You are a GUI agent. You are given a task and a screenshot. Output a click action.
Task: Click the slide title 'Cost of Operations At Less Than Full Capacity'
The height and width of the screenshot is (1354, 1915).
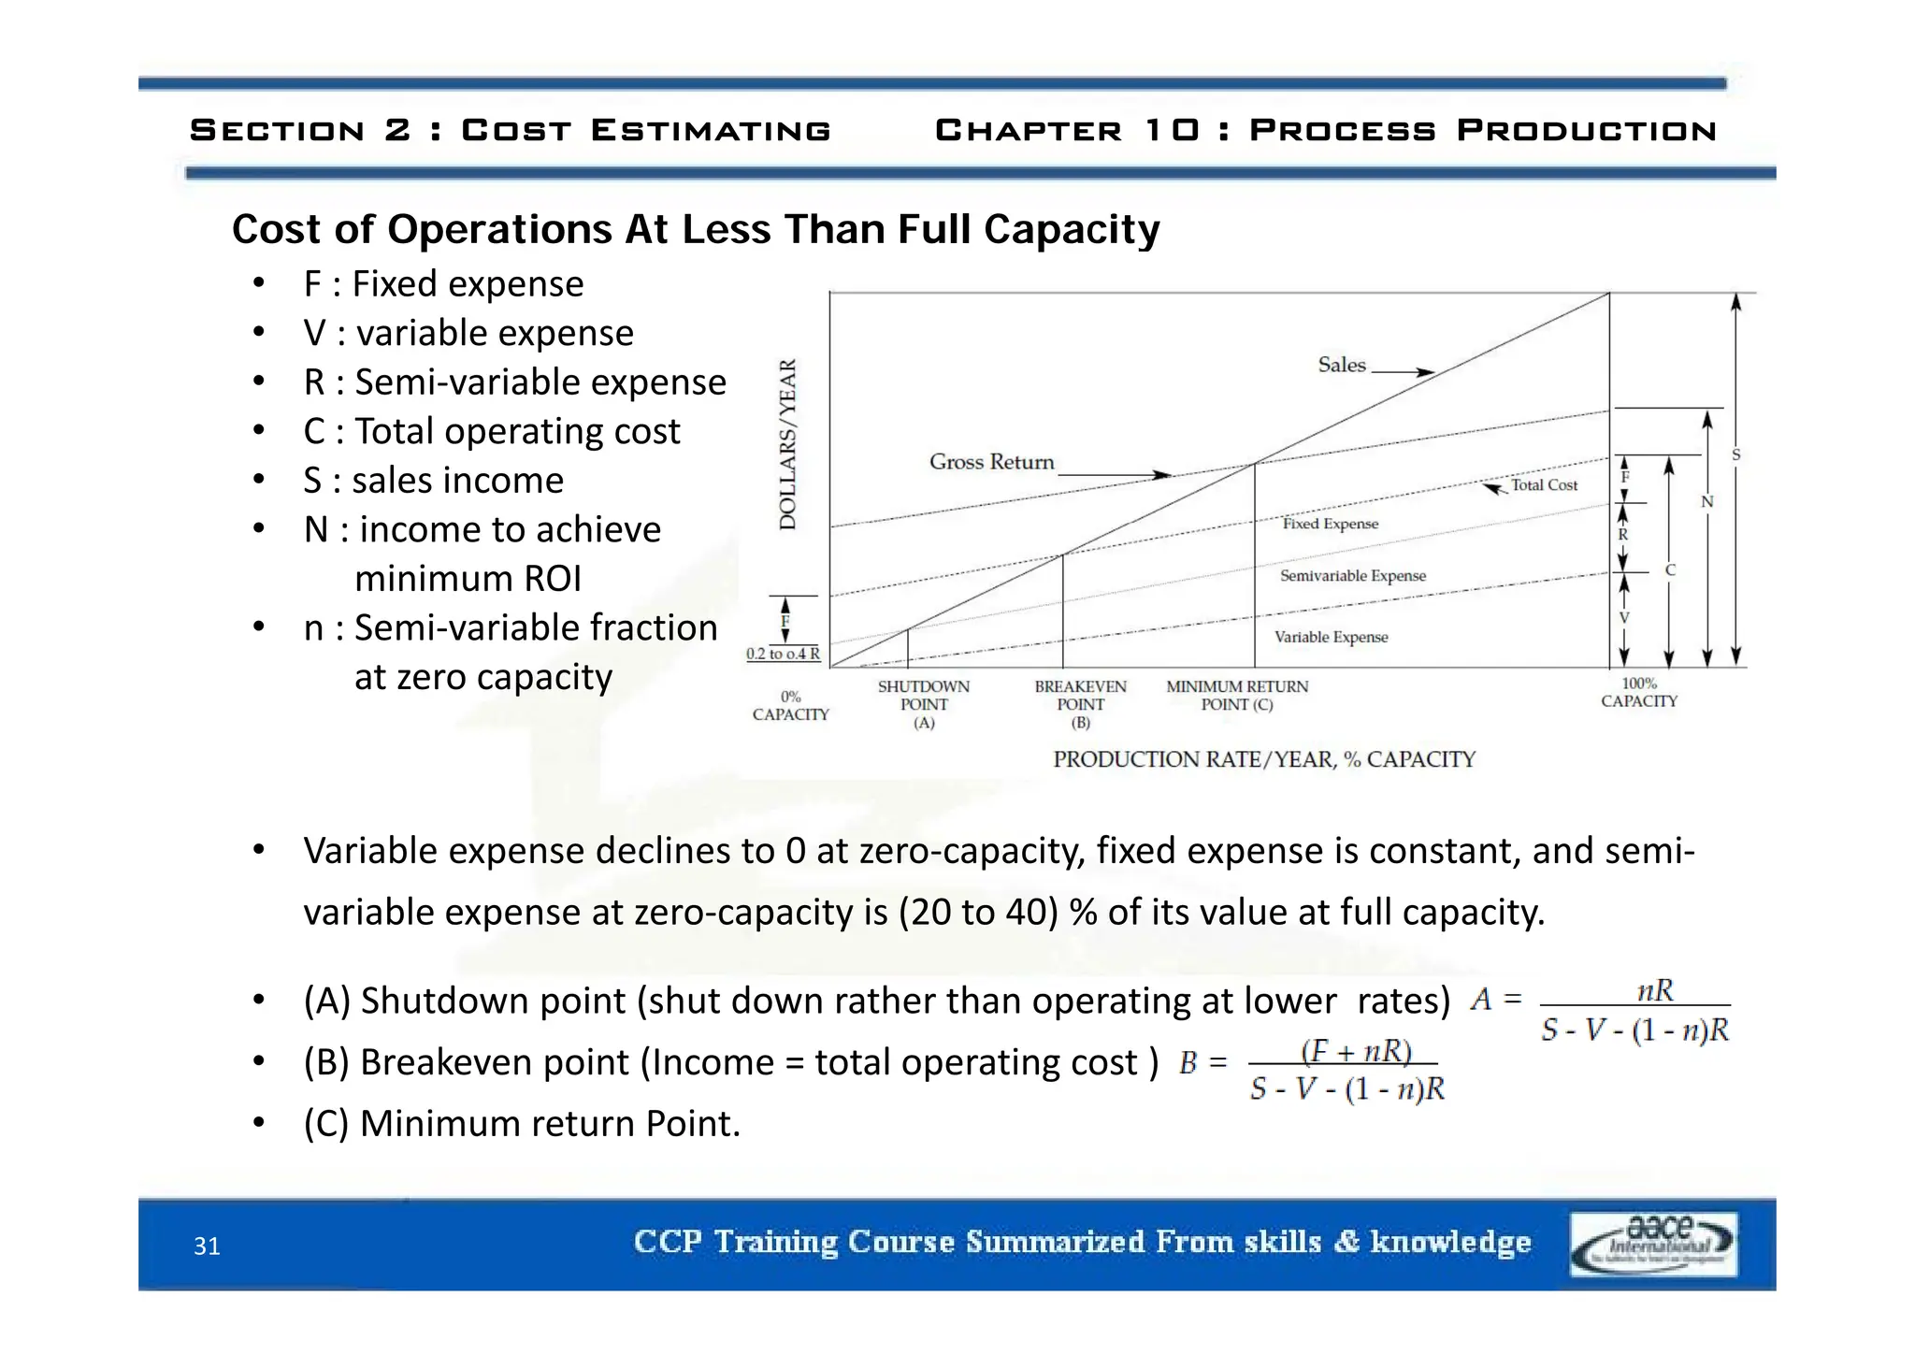pos(695,230)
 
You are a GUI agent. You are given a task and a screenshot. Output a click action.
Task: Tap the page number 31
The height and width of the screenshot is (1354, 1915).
pos(207,1246)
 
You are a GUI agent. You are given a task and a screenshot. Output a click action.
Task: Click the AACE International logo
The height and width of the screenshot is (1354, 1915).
pos(1652,1244)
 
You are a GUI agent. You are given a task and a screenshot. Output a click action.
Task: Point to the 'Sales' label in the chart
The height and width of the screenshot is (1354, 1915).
pos(1341,366)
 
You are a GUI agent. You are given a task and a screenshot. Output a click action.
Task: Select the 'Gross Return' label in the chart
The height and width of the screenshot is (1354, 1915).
pos(991,462)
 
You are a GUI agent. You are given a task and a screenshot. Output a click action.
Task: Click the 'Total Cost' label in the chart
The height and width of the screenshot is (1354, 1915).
pos(1544,485)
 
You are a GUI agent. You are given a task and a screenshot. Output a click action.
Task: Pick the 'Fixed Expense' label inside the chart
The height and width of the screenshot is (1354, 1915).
pos(1330,524)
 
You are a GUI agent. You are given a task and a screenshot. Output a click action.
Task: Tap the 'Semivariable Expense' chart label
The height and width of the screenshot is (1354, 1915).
pos(1352,576)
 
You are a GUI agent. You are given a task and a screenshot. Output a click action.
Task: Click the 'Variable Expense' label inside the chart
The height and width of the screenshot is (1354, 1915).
pos(1331,638)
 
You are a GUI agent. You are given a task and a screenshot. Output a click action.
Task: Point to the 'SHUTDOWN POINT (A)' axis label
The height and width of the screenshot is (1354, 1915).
pos(924,704)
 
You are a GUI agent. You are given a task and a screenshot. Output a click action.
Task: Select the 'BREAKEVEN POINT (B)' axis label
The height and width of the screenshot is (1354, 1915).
pos(1080,704)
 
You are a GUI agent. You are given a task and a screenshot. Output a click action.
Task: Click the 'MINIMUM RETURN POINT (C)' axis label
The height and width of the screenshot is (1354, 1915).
pos(1237,696)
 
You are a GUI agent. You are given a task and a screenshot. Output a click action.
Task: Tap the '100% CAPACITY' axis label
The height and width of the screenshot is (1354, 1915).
pos(1638,693)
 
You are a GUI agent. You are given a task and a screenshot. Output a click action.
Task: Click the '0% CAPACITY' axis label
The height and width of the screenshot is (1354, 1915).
pos(790,706)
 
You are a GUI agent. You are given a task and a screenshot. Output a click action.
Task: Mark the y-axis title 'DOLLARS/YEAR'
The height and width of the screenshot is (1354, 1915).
pos(788,444)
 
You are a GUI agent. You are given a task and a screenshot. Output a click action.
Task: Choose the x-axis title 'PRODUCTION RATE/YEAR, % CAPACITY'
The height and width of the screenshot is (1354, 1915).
pos(1263,760)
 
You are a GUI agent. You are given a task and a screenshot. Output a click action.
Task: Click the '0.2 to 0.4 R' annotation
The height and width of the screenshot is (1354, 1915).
pos(783,655)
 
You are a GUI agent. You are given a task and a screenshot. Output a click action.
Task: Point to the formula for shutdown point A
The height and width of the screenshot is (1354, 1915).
pos(1600,1012)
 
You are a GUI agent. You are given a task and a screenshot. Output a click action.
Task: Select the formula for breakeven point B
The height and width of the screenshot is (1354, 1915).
pos(1313,1070)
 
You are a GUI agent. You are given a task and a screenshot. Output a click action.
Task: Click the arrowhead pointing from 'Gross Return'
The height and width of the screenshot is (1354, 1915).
pos(1162,475)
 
